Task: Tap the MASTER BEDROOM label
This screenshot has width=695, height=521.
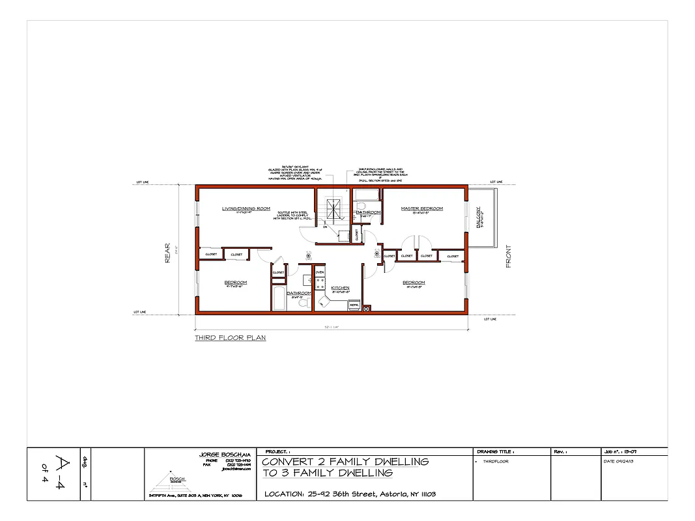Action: [x=421, y=208]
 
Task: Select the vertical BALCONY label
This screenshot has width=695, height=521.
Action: [x=479, y=218]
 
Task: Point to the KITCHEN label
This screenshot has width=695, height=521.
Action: [x=340, y=288]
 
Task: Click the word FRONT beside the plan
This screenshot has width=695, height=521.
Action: [x=508, y=256]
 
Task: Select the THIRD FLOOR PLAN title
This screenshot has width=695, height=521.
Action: [x=230, y=338]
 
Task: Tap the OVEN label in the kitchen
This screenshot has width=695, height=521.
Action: [x=320, y=272]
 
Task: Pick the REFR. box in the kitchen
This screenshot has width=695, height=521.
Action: [x=354, y=305]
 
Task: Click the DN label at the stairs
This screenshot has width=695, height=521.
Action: [x=324, y=227]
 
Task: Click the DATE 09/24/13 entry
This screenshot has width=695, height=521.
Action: [x=618, y=462]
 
